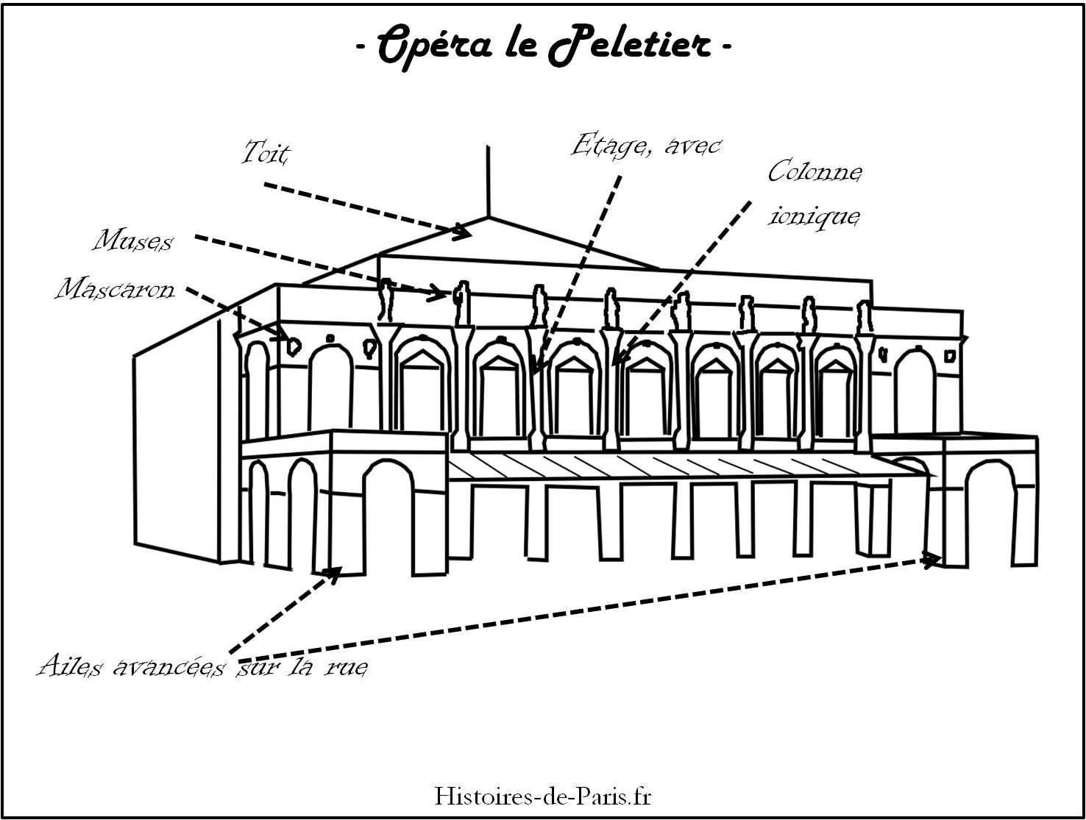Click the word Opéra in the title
[x=435, y=46]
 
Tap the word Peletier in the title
[x=631, y=46]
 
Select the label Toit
[x=266, y=154]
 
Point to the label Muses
[x=133, y=240]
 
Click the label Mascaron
[x=116, y=289]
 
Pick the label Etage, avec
[x=646, y=146]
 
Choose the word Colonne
[x=814, y=172]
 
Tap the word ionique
[x=814, y=215]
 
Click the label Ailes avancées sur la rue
[x=202, y=667]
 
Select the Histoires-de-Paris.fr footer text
[x=543, y=796]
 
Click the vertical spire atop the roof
[x=488, y=180]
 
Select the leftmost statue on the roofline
[x=386, y=300]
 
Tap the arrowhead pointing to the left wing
[x=334, y=573]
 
